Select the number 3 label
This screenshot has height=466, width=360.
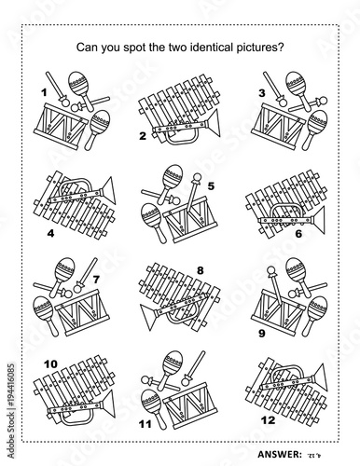click(262, 92)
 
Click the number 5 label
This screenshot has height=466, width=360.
click(211, 185)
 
